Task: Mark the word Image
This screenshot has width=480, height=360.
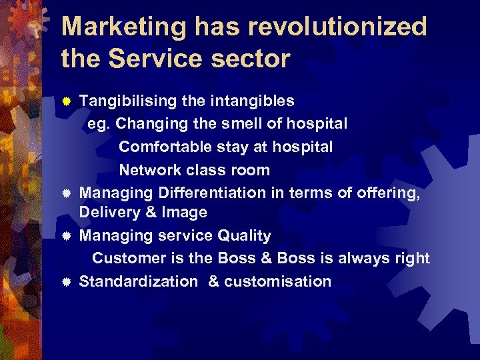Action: tap(188, 213)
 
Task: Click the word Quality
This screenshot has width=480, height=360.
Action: tap(245, 236)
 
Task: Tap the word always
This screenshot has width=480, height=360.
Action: tap(366, 258)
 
